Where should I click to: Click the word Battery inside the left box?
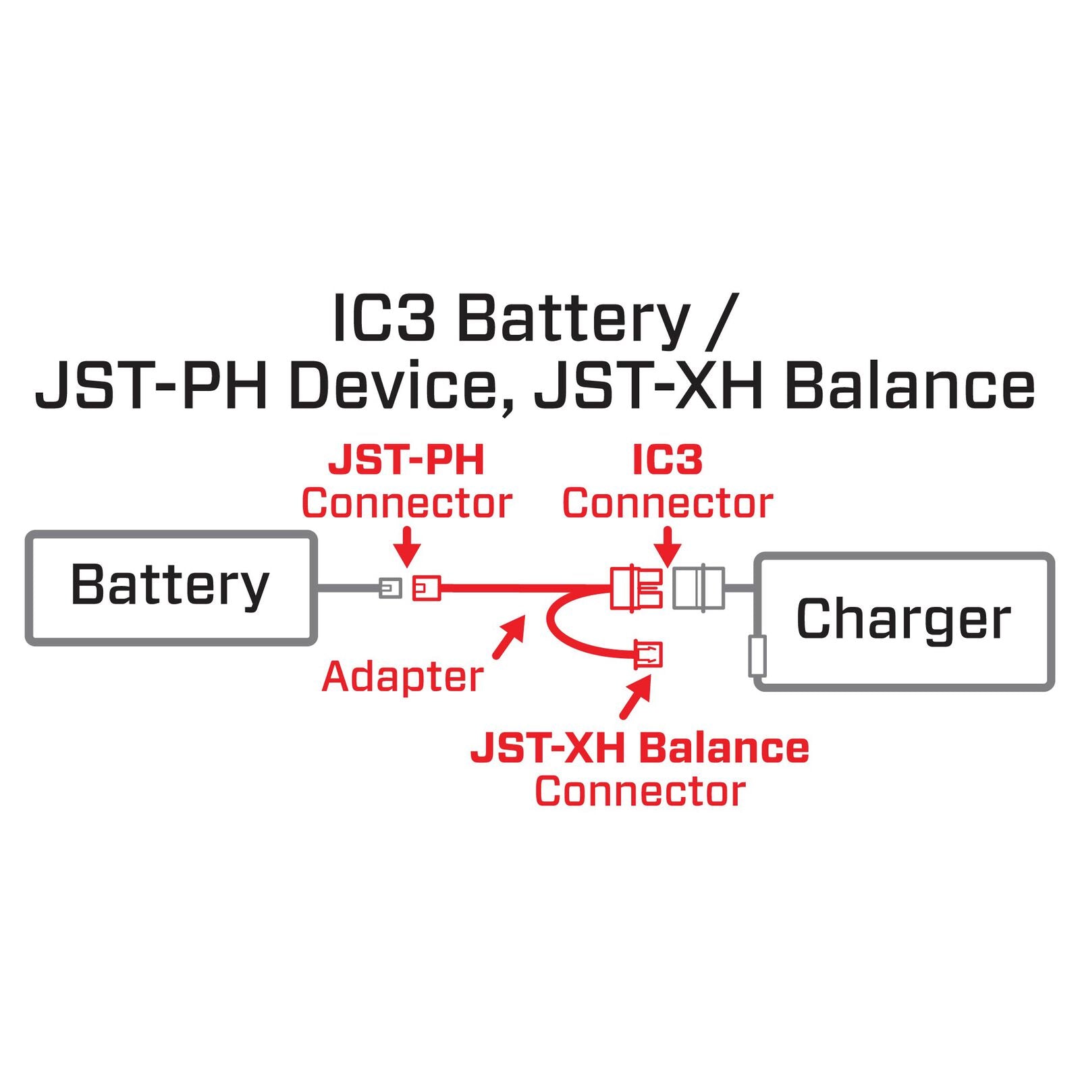tap(170, 586)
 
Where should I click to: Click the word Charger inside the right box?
tap(903, 619)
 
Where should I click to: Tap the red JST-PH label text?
tap(406, 461)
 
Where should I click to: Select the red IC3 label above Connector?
tap(668, 461)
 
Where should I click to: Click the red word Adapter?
tap(402, 677)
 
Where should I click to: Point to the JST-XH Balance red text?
tap(639, 749)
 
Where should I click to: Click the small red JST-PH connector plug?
tap(427, 588)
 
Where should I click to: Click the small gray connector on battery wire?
tap(390, 588)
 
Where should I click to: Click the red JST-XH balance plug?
tap(649, 654)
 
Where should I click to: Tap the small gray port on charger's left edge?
tap(757, 655)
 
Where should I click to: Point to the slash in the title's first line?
tap(722, 321)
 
